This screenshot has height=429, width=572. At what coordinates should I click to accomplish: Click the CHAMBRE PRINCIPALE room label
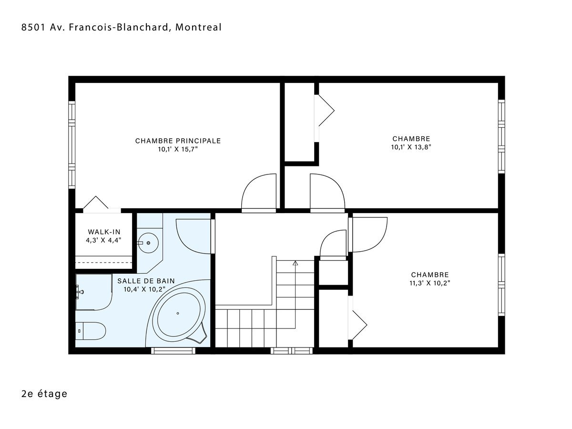point(178,141)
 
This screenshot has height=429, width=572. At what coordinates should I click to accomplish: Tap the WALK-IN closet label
point(104,232)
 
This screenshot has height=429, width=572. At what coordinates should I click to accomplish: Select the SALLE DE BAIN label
point(146,281)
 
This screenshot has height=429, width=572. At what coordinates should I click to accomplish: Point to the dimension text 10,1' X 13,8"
point(411,147)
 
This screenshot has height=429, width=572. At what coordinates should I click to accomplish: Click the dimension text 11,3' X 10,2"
point(430,283)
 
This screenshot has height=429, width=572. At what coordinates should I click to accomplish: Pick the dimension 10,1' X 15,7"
point(178,149)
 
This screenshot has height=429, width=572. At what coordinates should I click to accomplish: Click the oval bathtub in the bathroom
point(178,313)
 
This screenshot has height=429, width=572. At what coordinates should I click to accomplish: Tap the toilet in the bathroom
point(91,331)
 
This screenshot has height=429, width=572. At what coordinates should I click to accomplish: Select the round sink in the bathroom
point(148,243)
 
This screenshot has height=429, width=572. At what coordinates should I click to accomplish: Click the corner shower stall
point(94,292)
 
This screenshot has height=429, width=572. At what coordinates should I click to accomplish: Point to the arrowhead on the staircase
point(295,263)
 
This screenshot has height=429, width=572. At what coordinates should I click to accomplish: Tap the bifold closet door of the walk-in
point(96,202)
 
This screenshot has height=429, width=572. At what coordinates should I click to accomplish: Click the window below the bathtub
point(173,351)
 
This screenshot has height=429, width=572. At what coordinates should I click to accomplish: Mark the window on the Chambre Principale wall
point(71,144)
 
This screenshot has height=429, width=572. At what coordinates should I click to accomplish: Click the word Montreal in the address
point(198,27)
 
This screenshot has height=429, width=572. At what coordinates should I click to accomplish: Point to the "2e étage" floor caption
point(44,394)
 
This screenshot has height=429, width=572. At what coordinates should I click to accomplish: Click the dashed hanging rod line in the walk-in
point(104,262)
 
